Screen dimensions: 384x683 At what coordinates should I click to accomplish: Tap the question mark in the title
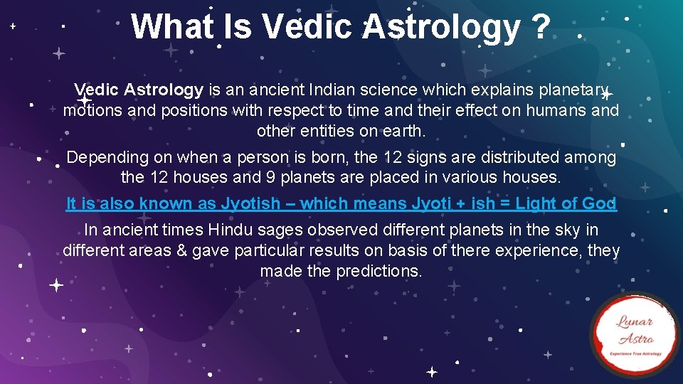tap(539, 27)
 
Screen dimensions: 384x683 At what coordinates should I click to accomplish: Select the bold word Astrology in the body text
tap(163, 90)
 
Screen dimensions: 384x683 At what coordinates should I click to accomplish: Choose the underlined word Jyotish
tap(250, 203)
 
